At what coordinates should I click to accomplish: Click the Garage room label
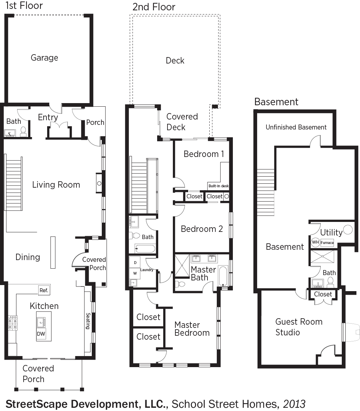[44, 58]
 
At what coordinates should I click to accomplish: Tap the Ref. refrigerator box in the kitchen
[44, 290]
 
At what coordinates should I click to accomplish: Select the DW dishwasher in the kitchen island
[41, 334]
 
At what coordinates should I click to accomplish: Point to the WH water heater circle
[315, 242]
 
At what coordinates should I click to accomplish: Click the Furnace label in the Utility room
[327, 243]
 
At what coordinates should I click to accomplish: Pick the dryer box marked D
[135, 262]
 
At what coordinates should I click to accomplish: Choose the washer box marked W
[135, 273]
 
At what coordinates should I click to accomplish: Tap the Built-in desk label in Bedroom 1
[218, 186]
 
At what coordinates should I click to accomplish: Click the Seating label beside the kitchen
[88, 321]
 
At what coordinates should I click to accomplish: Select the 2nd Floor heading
[154, 7]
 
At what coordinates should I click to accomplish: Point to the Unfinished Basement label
[296, 127]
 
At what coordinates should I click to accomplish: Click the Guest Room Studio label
[299, 327]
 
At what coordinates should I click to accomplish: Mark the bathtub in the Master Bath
[223, 276]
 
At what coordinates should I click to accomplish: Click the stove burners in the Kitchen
[12, 323]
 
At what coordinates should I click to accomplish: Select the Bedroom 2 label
[201, 229]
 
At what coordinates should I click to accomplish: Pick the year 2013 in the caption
[294, 404]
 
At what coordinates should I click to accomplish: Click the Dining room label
[27, 257]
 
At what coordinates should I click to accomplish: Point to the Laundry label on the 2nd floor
[147, 270]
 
